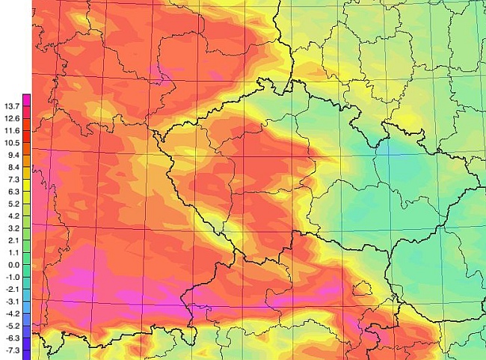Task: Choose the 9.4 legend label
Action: point(12,155)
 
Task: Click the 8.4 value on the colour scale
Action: point(12,168)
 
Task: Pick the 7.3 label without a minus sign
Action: point(12,180)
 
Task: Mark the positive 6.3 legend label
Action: point(12,192)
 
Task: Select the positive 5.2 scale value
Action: point(12,204)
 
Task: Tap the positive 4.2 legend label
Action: point(12,216)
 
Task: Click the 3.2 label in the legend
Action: point(12,228)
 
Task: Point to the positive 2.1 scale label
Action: point(12,240)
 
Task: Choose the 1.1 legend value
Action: point(12,252)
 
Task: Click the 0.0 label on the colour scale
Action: point(12,265)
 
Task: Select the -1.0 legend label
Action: point(11,277)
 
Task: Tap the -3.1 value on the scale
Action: point(11,302)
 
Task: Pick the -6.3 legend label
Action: point(11,338)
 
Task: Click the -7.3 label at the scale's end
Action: point(11,350)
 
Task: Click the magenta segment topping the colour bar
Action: point(26,100)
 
